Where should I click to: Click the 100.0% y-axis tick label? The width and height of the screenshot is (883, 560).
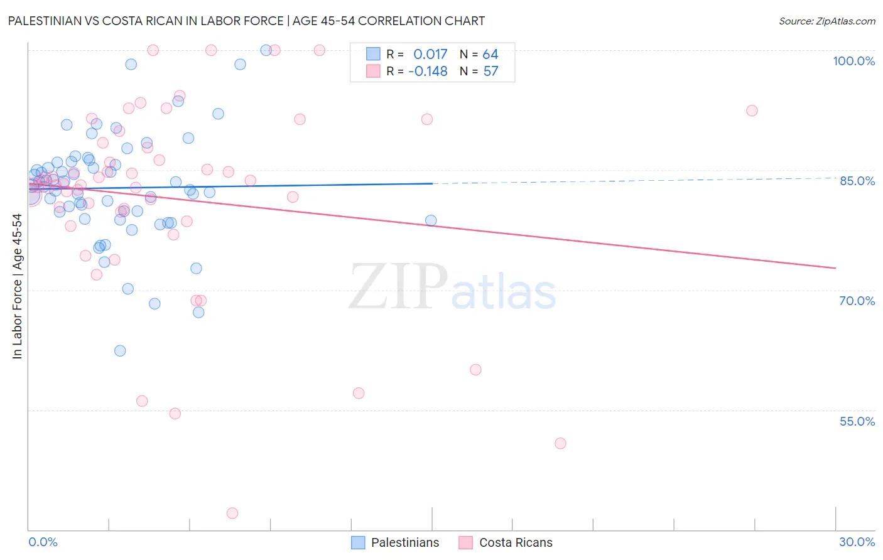853,61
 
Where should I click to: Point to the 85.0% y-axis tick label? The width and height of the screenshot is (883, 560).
857,181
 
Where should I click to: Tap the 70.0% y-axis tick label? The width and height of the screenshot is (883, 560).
857,301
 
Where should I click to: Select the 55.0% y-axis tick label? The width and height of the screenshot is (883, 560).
857,421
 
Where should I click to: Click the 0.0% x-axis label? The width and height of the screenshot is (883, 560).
43,542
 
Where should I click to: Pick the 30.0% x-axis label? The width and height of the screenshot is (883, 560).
857,542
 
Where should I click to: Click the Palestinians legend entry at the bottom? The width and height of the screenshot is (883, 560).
404,542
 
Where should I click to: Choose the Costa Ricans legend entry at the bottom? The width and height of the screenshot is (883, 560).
515,542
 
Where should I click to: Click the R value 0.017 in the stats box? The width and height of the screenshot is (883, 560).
430,55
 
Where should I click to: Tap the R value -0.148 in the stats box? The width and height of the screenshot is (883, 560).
428,72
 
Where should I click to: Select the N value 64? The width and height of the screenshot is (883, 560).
490,55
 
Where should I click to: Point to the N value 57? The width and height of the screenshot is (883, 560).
490,72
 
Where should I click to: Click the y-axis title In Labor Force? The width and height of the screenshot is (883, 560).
17,286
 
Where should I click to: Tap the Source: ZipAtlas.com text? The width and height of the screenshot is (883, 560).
826,21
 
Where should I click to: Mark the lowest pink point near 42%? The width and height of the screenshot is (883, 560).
232,514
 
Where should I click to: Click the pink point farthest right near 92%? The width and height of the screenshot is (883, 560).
752,110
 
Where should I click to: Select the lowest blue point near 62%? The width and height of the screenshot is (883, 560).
120,351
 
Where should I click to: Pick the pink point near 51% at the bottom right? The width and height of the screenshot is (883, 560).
560,443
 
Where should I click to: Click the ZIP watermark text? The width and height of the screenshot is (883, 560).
398,287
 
